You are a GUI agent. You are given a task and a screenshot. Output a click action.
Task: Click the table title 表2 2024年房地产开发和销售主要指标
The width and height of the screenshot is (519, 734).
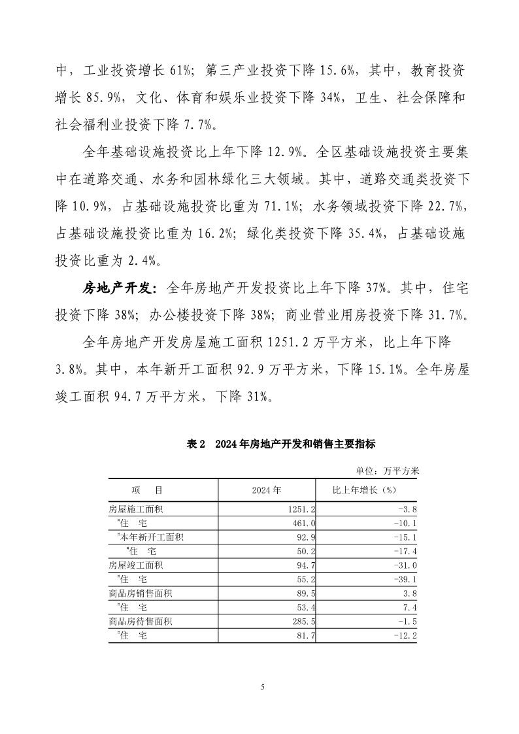[281, 444]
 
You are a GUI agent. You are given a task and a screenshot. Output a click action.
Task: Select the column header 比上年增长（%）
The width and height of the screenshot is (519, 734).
[365, 490]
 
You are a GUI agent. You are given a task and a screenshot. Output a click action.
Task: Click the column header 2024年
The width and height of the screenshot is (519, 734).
[267, 490]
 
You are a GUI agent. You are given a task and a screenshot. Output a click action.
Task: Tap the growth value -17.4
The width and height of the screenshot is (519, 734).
[405, 552]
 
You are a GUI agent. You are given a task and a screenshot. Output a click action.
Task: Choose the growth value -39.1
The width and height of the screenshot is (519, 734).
[405, 579]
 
